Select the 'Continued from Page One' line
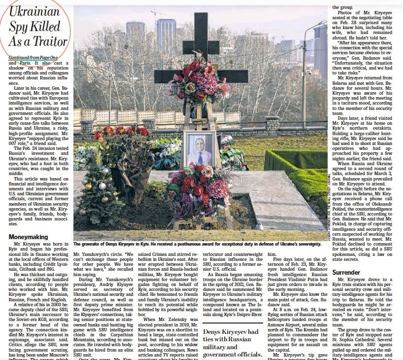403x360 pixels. click(33, 58)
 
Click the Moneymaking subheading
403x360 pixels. click(29, 237)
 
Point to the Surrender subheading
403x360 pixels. click(346, 272)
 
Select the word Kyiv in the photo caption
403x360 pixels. click(160, 244)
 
